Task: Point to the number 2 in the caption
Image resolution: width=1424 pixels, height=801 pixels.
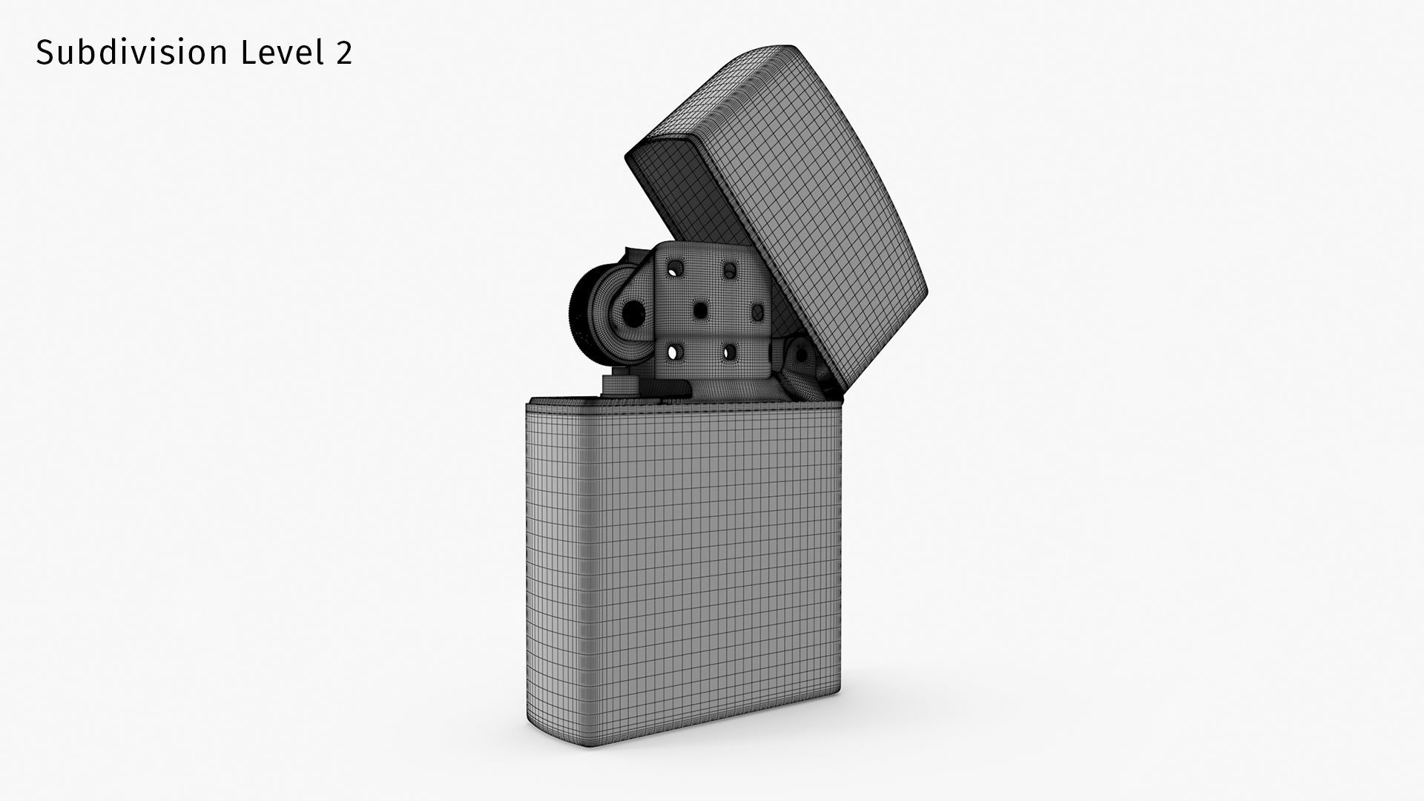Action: [343, 53]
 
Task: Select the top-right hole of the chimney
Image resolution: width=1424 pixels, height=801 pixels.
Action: [731, 268]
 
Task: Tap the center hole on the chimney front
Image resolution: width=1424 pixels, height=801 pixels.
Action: [700, 311]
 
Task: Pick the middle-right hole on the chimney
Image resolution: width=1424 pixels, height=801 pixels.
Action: [756, 312]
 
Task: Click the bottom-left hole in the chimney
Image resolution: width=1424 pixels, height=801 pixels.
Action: [675, 352]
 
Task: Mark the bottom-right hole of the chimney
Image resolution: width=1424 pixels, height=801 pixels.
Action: [731, 352]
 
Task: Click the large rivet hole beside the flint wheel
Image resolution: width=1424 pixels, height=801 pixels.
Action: [632, 315]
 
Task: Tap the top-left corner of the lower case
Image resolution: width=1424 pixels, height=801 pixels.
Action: [530, 405]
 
